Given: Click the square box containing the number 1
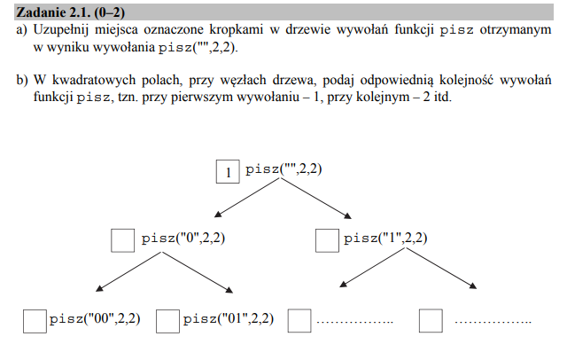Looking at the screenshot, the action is [228, 171].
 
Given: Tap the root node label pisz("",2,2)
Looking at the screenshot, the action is [283, 169].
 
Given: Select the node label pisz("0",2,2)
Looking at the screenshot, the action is [183, 238].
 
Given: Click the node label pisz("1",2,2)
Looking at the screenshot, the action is [385, 238].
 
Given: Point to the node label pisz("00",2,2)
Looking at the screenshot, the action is [95, 318].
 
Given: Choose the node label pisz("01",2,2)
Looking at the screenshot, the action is [229, 318].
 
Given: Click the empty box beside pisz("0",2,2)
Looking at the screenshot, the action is [123, 240].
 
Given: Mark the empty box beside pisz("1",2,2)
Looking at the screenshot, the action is [327, 240].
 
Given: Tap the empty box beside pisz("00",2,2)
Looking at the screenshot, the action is [35, 321].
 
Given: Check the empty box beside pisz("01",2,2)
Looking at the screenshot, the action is [167, 321].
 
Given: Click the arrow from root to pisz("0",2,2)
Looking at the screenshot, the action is [247, 198].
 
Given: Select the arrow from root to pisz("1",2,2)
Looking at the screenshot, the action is [316, 199].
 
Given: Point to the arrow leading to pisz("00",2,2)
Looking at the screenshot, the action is [128, 271].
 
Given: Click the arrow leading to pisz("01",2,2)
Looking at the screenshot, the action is [198, 272].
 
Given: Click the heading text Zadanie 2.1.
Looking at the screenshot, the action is [53, 12].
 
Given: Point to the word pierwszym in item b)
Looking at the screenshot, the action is [202, 98].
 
